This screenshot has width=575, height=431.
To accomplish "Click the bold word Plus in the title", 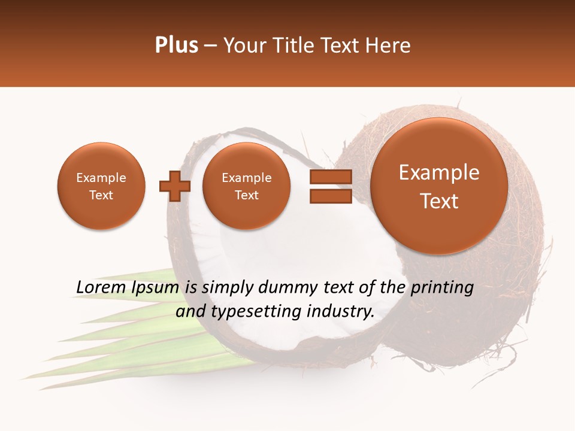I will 176,45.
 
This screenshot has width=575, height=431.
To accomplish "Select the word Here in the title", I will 391,45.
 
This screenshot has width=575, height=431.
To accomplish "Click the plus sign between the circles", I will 175,186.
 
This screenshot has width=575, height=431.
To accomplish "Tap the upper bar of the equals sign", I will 330,177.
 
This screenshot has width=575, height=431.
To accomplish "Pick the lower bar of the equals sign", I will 330,196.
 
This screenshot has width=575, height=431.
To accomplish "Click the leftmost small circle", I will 101,186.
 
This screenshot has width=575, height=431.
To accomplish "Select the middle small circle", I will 246,186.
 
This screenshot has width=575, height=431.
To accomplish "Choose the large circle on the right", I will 439,186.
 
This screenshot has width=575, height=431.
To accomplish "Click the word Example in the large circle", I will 439,172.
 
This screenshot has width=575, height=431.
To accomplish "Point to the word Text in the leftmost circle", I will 101,195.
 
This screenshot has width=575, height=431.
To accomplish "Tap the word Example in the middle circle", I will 246,178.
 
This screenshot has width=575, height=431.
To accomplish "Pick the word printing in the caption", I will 441,288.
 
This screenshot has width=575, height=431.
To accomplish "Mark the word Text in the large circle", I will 439,201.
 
